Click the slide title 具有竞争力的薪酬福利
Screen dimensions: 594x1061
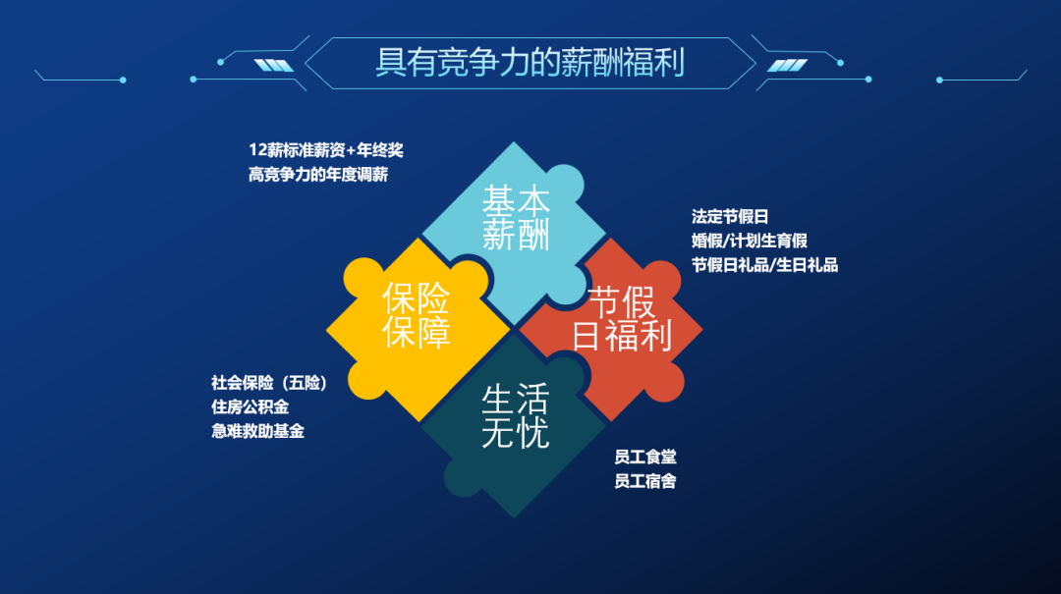pos(530,62)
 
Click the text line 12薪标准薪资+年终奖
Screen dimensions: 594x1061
pos(326,151)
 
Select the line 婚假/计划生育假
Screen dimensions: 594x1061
pos(750,241)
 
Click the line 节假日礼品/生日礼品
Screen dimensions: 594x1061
pos(764,264)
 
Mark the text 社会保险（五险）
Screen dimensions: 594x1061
pos(268,383)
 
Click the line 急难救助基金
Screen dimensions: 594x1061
pos(257,430)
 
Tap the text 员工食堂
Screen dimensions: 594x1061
pos(644,458)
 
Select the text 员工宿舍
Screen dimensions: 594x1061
pos(644,481)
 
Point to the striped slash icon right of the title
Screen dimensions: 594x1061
pos(786,66)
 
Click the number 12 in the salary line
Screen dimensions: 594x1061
pos(257,151)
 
